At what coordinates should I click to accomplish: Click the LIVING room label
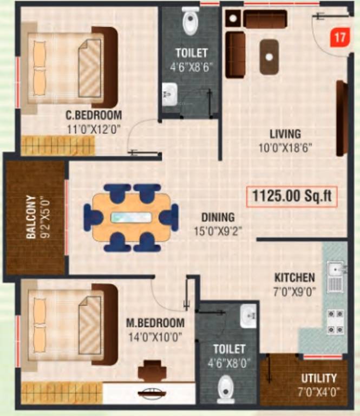(x=285, y=134)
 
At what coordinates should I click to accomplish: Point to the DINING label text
(x=218, y=217)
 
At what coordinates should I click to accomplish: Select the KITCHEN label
(x=294, y=278)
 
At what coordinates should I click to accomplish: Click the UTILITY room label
(x=319, y=378)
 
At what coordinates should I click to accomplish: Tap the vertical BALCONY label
(x=31, y=217)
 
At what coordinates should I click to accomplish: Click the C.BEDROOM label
(x=94, y=115)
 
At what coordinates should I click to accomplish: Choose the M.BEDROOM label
(x=155, y=323)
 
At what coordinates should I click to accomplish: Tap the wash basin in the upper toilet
(x=168, y=95)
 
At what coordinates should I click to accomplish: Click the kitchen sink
(x=335, y=269)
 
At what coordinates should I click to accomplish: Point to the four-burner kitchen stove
(x=335, y=321)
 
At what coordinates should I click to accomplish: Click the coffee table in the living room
(x=270, y=56)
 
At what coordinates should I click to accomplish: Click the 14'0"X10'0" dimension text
(x=155, y=336)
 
